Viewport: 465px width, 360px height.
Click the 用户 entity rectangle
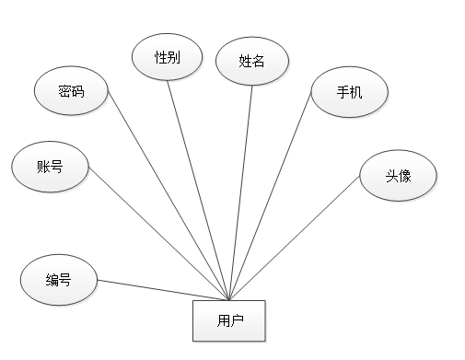(x=229, y=320)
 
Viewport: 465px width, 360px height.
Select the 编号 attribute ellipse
(x=58, y=280)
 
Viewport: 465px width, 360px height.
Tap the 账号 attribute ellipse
(x=51, y=167)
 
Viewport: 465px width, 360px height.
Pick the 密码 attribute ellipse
(x=71, y=91)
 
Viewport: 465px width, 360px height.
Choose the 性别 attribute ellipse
(x=168, y=57)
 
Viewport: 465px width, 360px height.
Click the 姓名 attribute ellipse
(x=251, y=62)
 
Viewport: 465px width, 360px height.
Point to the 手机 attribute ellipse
(x=349, y=92)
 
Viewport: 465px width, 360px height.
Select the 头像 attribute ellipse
(x=398, y=174)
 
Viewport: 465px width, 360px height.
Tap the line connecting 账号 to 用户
(x=157, y=234)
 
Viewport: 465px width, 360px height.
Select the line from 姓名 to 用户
(x=241, y=189)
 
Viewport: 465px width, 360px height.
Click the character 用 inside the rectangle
(x=223, y=321)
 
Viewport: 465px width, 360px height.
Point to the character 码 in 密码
(x=77, y=91)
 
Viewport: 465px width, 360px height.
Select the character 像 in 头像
(x=404, y=174)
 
